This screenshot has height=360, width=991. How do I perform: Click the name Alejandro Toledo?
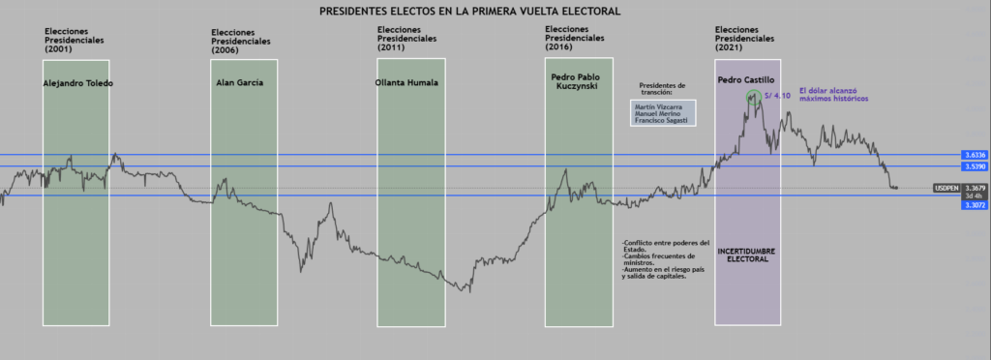pyautogui.click(x=78, y=83)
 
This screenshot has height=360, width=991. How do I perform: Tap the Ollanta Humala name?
pyautogui.click(x=406, y=82)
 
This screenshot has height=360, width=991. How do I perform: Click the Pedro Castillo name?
pyautogui.click(x=746, y=78)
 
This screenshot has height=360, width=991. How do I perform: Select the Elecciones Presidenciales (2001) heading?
pyautogui.click(x=75, y=40)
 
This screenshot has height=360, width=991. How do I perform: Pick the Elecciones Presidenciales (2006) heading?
pyautogui.click(x=241, y=41)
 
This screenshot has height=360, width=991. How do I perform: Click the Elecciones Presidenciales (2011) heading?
pyautogui.click(x=407, y=38)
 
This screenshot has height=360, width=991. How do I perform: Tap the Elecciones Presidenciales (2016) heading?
pyautogui.click(x=576, y=38)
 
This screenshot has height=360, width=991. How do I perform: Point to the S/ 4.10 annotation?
pyautogui.click(x=777, y=96)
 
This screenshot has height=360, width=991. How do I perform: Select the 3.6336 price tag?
pyautogui.click(x=975, y=155)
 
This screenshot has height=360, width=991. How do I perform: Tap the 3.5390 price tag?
pyautogui.click(x=975, y=166)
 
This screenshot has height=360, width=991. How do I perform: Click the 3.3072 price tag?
pyautogui.click(x=975, y=205)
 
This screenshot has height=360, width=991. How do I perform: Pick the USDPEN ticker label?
pyautogui.click(x=946, y=188)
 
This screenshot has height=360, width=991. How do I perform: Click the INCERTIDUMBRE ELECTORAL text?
pyautogui.click(x=748, y=255)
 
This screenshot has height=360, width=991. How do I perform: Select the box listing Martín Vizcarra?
pyautogui.click(x=662, y=113)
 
